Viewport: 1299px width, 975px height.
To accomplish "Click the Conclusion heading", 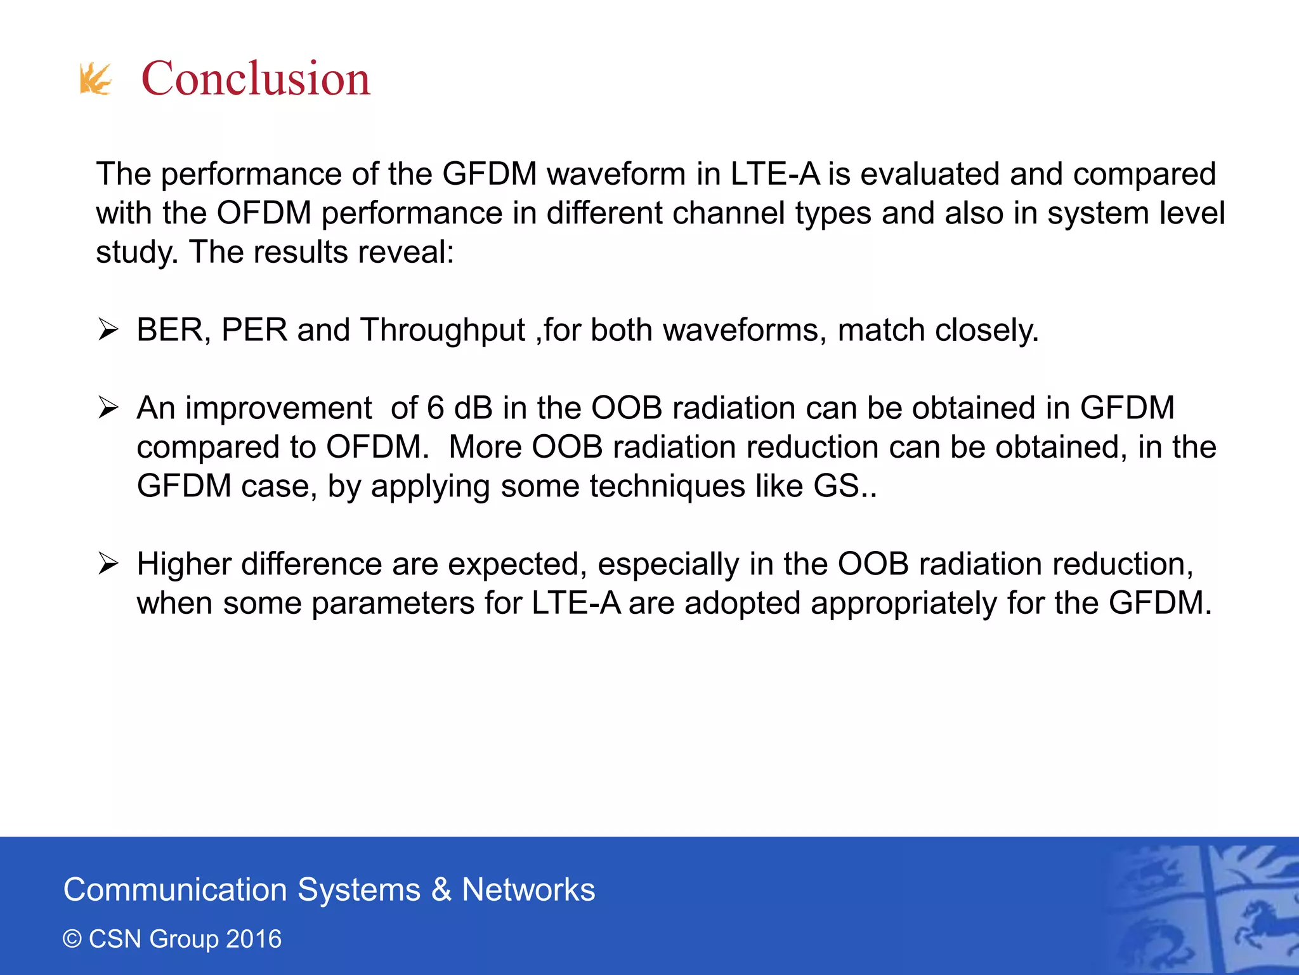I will point(255,79).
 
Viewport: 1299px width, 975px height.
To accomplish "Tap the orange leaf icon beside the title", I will point(95,79).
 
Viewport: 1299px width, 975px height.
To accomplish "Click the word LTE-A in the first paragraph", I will point(775,174).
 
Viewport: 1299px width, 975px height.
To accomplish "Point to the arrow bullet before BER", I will point(108,330).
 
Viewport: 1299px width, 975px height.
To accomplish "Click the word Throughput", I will point(443,331).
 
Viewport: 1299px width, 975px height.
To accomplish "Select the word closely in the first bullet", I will point(987,331).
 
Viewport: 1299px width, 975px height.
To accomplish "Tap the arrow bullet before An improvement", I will point(108,408).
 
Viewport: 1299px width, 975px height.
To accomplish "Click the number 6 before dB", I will point(435,408).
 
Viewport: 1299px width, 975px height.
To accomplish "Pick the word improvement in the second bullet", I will point(278,408).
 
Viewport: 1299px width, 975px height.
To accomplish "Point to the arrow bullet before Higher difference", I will point(108,564).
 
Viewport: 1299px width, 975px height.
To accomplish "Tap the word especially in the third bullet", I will point(668,564).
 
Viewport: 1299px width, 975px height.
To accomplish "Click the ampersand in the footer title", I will point(441,890).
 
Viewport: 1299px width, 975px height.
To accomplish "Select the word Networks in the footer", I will point(528,890).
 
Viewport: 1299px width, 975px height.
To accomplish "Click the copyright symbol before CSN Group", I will point(72,939).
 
